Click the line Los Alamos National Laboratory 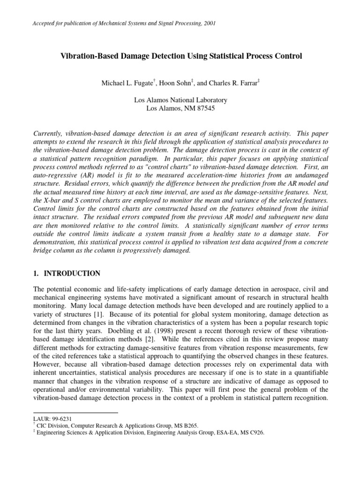(180, 100)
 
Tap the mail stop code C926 (255, 433)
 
